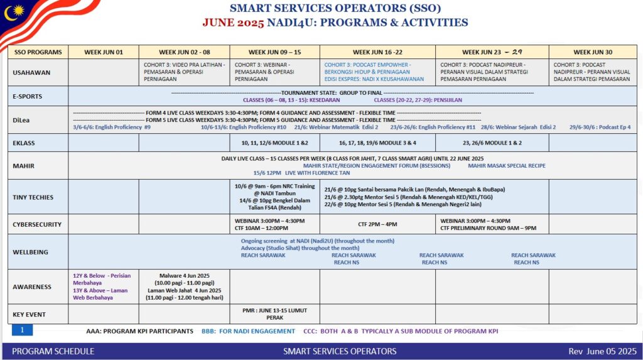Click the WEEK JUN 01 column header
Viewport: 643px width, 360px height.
103,52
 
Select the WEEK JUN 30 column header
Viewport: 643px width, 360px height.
593,52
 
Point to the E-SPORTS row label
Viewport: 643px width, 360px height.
27,96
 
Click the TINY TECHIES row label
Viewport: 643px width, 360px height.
33,197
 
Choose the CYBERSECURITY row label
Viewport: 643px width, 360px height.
38,224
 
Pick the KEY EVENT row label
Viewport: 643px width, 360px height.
30,314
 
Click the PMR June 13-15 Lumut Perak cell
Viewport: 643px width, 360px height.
274,314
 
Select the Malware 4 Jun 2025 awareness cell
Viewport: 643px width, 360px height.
184,286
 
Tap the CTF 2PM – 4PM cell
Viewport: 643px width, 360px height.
377,224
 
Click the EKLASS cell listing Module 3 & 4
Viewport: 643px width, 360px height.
377,143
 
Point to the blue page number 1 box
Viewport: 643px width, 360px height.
22,330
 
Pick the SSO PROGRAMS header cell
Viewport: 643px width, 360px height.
38,52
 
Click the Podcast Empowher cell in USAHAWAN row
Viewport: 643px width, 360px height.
377,72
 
